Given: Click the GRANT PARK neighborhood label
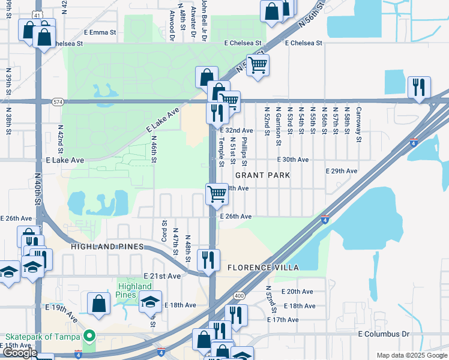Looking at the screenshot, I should point(262,175).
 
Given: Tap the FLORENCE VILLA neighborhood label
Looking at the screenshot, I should point(262,266).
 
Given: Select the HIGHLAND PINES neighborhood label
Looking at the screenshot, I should point(107,247).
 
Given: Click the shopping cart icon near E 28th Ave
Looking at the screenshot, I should point(216,194).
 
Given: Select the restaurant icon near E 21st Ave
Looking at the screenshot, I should point(208,260).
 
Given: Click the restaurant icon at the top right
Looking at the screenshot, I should point(418,86).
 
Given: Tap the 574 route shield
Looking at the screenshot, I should point(57,101).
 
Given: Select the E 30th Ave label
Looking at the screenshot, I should point(292,160).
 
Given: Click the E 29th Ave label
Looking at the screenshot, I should point(342,171).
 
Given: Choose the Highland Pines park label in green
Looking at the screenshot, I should point(126,290).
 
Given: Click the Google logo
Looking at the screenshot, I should point(20,353).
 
